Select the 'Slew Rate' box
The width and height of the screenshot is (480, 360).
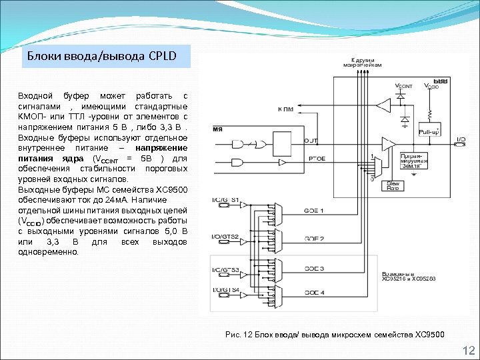click(394, 186)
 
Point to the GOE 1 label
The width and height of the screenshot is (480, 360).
click(314, 211)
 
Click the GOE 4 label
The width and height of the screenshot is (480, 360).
click(314, 293)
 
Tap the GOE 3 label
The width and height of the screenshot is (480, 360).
click(314, 268)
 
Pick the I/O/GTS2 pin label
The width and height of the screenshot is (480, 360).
click(225, 237)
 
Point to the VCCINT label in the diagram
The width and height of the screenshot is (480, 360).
click(404, 86)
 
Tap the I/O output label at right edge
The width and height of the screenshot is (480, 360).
click(460, 140)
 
